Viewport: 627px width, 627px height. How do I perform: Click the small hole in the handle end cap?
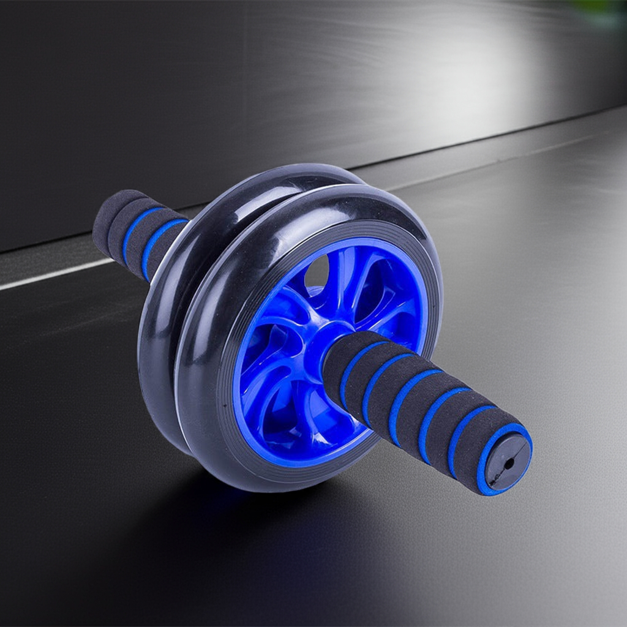click(508, 463)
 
